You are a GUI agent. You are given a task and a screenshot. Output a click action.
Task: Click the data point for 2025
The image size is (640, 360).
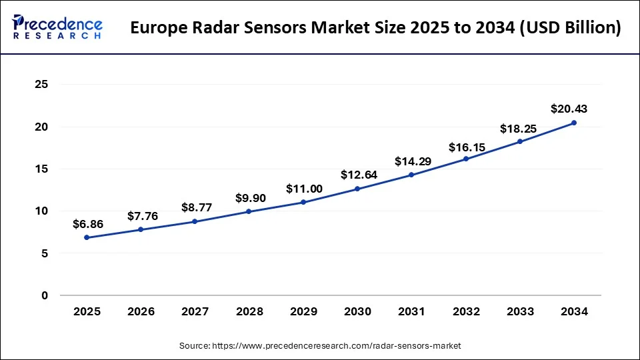click(x=87, y=237)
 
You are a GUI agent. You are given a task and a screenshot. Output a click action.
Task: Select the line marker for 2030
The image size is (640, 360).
click(x=357, y=189)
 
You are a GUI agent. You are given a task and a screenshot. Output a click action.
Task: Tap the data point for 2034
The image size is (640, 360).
click(x=574, y=123)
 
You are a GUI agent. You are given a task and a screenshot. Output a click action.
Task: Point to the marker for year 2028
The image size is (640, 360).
click(x=249, y=211)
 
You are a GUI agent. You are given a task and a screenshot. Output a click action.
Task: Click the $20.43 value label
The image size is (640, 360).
click(x=569, y=109)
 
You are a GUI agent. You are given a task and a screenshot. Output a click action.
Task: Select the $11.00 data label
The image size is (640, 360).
click(x=304, y=189)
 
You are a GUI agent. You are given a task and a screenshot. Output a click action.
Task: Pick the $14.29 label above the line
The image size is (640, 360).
click(x=412, y=161)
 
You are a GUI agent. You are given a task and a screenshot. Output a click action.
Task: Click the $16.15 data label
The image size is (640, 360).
click(x=466, y=145)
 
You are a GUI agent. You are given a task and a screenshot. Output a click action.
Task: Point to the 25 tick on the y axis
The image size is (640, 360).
click(x=42, y=85)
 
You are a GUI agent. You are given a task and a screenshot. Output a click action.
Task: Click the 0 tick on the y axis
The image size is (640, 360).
click(x=45, y=295)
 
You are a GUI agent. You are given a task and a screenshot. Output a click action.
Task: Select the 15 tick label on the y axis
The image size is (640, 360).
click(x=42, y=169)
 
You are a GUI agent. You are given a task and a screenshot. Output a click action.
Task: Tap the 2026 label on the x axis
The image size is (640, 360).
click(x=141, y=311)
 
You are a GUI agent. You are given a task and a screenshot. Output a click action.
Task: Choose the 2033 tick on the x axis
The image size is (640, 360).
click(x=520, y=311)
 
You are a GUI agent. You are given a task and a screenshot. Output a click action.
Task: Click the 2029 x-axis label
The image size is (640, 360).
click(x=303, y=311)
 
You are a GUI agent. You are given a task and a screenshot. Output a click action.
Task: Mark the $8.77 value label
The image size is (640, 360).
click(x=196, y=207)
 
